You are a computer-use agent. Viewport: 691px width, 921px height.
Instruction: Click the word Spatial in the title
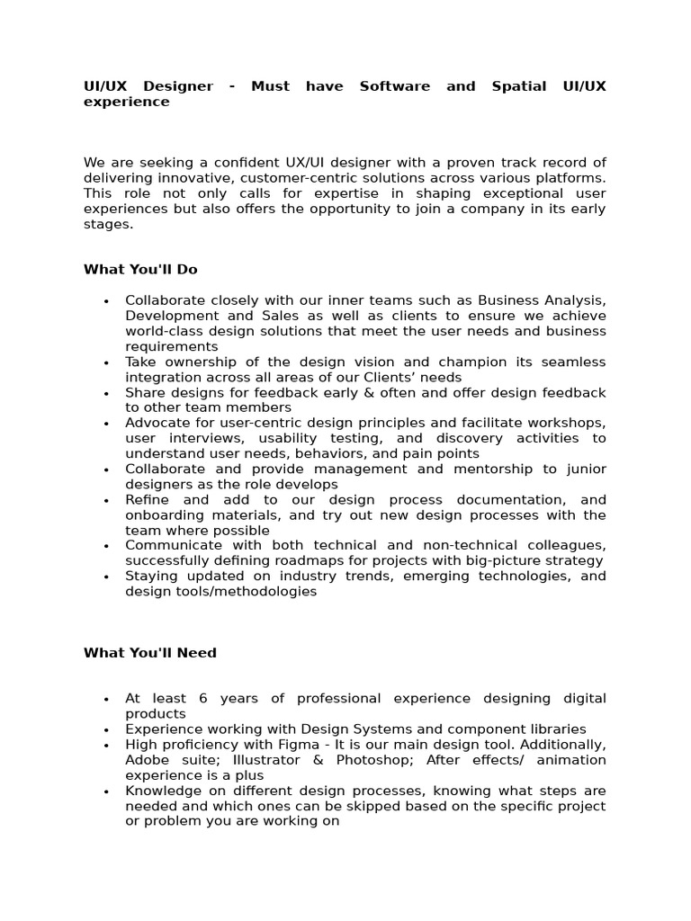(x=519, y=86)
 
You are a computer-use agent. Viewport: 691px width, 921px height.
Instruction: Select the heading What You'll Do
(x=140, y=269)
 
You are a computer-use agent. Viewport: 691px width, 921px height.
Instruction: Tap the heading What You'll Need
(x=150, y=653)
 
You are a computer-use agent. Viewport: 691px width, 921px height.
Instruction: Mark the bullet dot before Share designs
(x=106, y=394)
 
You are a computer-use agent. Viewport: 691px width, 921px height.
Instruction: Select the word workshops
(x=567, y=423)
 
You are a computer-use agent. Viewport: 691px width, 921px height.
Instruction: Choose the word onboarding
(x=163, y=515)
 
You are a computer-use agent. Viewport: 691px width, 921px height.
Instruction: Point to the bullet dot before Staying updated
(x=106, y=577)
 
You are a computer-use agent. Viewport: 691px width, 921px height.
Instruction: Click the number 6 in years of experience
(x=204, y=699)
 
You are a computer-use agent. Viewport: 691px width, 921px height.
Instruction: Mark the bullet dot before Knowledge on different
(x=106, y=792)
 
